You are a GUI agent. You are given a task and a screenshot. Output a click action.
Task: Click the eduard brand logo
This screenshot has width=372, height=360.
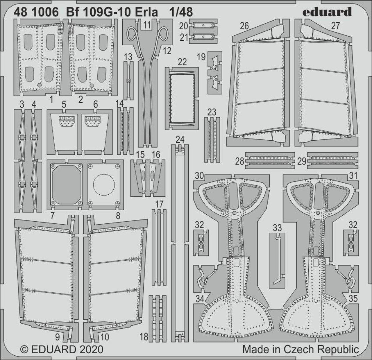tap(327, 12)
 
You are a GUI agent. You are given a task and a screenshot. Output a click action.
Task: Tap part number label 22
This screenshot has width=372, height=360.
tap(182, 62)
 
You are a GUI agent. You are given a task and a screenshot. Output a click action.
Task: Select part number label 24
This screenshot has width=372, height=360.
tap(180, 140)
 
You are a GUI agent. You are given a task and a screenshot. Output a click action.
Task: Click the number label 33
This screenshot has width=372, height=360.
tap(277, 228)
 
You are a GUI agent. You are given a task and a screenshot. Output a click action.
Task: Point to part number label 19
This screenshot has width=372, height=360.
tap(201, 57)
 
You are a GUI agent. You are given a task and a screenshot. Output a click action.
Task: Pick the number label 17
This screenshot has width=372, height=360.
tap(159, 204)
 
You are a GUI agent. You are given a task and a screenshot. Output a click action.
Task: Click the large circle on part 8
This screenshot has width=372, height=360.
tap(104, 185)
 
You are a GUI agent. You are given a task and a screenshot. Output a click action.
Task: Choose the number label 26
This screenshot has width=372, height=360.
tap(244, 26)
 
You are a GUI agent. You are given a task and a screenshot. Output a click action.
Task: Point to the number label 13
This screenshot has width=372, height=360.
tap(128, 57)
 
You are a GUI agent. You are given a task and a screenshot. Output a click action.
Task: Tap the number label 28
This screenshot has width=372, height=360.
tap(240, 162)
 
